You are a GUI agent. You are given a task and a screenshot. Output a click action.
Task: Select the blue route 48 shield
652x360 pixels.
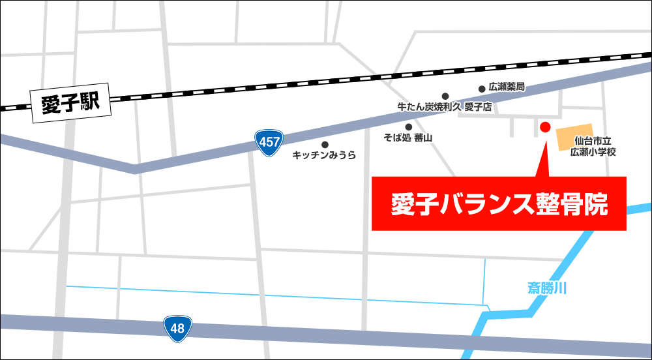click(177, 328)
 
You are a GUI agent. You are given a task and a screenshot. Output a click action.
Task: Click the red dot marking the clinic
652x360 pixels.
click(546, 127)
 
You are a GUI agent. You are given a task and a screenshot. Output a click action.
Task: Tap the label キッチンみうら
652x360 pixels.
click(325, 155)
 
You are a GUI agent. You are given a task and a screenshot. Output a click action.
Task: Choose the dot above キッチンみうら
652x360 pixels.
click(325, 144)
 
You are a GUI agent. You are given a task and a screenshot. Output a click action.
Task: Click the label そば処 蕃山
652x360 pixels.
click(408, 138)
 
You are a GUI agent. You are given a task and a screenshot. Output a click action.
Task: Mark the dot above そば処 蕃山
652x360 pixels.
click(409, 127)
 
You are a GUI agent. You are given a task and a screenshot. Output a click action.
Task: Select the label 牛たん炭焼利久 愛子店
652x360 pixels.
click(444, 107)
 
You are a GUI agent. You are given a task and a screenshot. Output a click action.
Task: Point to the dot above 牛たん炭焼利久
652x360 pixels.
click(445, 96)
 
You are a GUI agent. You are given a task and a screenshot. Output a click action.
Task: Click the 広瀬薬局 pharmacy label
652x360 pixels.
click(507, 87)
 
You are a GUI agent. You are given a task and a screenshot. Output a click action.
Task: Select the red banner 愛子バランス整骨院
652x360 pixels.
click(499, 204)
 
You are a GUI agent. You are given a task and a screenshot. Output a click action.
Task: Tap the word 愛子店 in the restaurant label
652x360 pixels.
click(479, 107)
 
